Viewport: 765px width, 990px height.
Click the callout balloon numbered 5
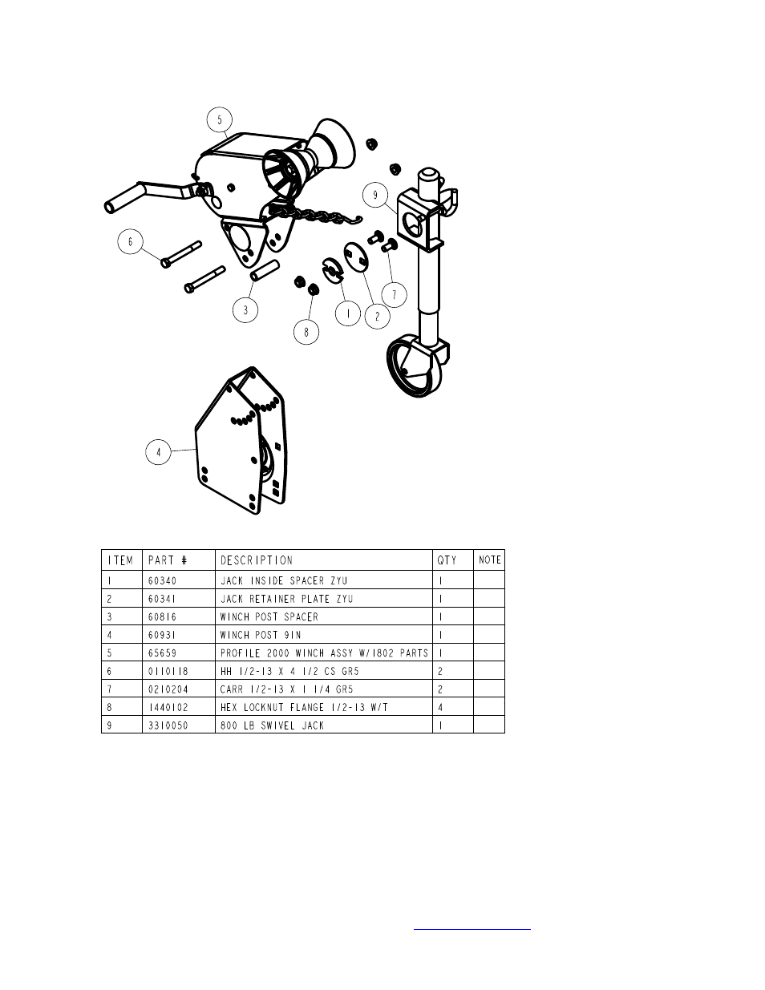pos(219,121)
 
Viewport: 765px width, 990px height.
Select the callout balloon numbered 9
pos(374,194)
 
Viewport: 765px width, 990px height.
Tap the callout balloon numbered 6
pos(130,241)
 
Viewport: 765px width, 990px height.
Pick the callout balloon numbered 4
pos(159,452)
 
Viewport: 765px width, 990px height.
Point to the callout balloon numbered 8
pos(306,331)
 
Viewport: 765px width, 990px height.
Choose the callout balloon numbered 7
pos(394,294)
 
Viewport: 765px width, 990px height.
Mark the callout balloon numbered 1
pos(347,314)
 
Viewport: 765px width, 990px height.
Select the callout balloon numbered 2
pos(377,315)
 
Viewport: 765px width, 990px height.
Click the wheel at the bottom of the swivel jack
pos(411,370)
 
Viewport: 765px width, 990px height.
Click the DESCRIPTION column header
pos(257,560)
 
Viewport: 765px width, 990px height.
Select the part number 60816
pos(163,616)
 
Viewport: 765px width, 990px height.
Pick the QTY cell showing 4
pos(441,707)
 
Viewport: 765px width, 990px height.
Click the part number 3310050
pos(168,725)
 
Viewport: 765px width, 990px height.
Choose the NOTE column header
pos(489,560)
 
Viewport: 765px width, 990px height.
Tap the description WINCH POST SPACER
pos(269,616)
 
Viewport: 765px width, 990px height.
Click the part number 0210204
pos(168,689)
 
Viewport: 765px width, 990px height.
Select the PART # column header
pos(167,560)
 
